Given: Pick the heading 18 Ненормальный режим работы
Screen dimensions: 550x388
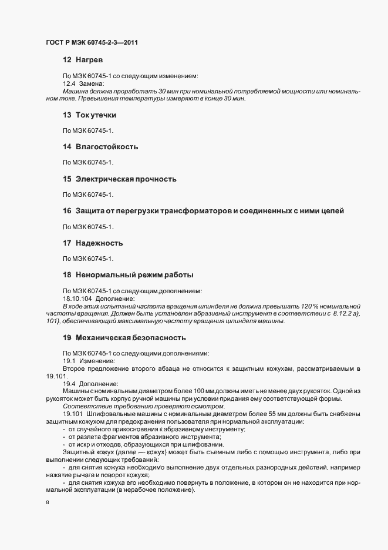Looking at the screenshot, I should tap(128, 274).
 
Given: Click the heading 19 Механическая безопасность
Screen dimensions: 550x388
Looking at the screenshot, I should tap(124, 338).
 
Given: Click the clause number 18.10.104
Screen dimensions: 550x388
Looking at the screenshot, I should tap(77, 299).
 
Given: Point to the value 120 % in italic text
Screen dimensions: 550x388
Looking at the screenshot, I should tap(314, 307).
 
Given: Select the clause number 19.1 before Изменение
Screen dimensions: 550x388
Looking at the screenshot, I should tap(69, 360).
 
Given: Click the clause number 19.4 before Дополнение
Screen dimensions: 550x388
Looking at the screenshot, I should tap(69, 383).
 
